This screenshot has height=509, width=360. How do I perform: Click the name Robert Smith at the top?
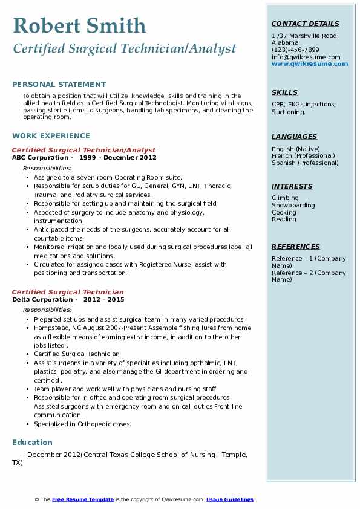[x=79, y=25]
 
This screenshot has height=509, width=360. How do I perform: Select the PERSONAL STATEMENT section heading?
[x=59, y=85]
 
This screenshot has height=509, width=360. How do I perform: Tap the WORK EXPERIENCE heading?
[x=51, y=136]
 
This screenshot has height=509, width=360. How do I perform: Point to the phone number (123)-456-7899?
[x=295, y=50]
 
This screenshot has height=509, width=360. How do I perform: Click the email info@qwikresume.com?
[x=306, y=57]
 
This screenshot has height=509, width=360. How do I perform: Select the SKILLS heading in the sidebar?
[x=284, y=93]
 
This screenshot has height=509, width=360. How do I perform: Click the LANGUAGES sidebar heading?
[x=294, y=137]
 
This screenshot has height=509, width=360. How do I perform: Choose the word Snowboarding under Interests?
[x=293, y=206]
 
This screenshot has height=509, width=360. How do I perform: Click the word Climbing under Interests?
[x=285, y=198]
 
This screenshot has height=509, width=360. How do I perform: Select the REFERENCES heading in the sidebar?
[x=296, y=247]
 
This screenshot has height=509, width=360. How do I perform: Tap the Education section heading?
[x=32, y=443]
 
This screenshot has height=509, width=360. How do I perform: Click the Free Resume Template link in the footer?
[x=83, y=499]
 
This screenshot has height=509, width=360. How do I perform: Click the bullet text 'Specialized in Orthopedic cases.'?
[x=82, y=424]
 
